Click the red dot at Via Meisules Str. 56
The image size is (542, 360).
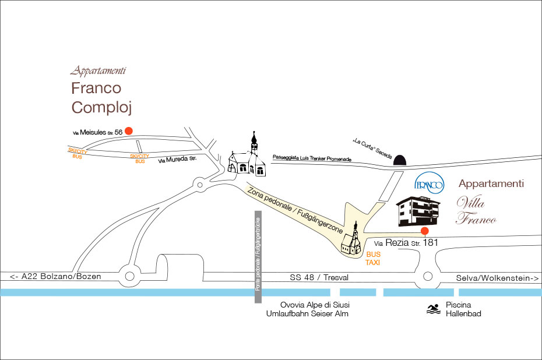pyautogui.click(x=129, y=132)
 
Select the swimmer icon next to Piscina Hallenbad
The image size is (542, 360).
pyautogui.click(x=432, y=309)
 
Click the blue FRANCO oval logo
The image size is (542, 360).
pyautogui.click(x=430, y=184)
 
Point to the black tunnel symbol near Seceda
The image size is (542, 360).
pyautogui.click(x=400, y=158)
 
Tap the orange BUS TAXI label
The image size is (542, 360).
pyautogui.click(x=373, y=259)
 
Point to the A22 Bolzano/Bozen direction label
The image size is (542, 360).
pyautogui.click(x=55, y=276)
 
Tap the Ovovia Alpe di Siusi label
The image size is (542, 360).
pyautogui.click(x=311, y=305)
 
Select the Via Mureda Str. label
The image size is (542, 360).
pyautogui.click(x=181, y=158)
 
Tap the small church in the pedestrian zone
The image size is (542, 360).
pyautogui.click(x=351, y=240)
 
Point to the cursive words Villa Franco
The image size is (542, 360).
pyautogui.click(x=476, y=211)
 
